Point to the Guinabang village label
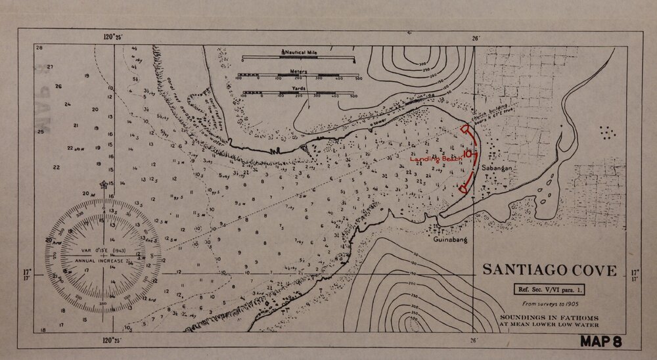click(x=450, y=240)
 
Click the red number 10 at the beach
click(x=467, y=154)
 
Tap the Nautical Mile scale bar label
click(x=300, y=51)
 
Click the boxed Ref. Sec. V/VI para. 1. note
click(x=549, y=288)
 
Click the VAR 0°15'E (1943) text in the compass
click(x=104, y=250)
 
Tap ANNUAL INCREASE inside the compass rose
click(x=104, y=261)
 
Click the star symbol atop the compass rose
click(x=102, y=186)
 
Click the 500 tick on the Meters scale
click(x=358, y=78)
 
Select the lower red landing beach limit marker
click(x=463, y=189)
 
